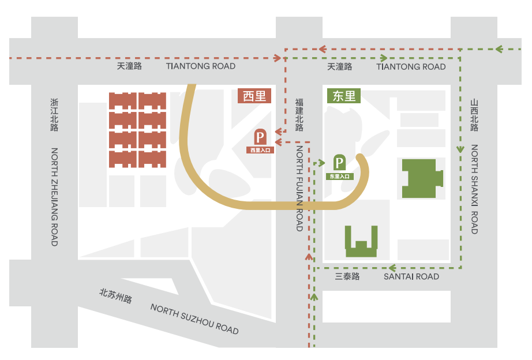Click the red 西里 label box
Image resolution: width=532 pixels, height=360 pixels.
point(254,96)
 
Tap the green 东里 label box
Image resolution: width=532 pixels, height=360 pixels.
point(344,96)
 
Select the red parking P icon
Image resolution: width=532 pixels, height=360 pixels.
point(260,137)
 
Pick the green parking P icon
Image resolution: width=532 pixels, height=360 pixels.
point(340,163)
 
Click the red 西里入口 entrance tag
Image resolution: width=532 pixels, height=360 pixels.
point(260,150)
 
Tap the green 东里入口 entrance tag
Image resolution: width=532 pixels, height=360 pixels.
point(340,177)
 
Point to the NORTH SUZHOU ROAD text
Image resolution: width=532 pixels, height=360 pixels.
point(194,318)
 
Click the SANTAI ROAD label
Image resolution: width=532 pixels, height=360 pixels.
point(411,277)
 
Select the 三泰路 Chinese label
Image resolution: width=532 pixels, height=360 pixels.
point(347,277)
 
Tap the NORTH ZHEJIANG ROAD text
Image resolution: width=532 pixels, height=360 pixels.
point(55,197)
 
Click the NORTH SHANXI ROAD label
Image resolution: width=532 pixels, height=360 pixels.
point(474,189)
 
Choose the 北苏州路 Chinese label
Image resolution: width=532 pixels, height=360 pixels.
point(115,295)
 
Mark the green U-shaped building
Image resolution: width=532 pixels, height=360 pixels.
point(362,242)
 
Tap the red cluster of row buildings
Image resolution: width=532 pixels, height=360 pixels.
point(138,130)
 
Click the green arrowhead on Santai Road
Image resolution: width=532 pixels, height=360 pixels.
point(391,268)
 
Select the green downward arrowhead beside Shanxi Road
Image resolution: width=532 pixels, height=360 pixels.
point(460,149)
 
